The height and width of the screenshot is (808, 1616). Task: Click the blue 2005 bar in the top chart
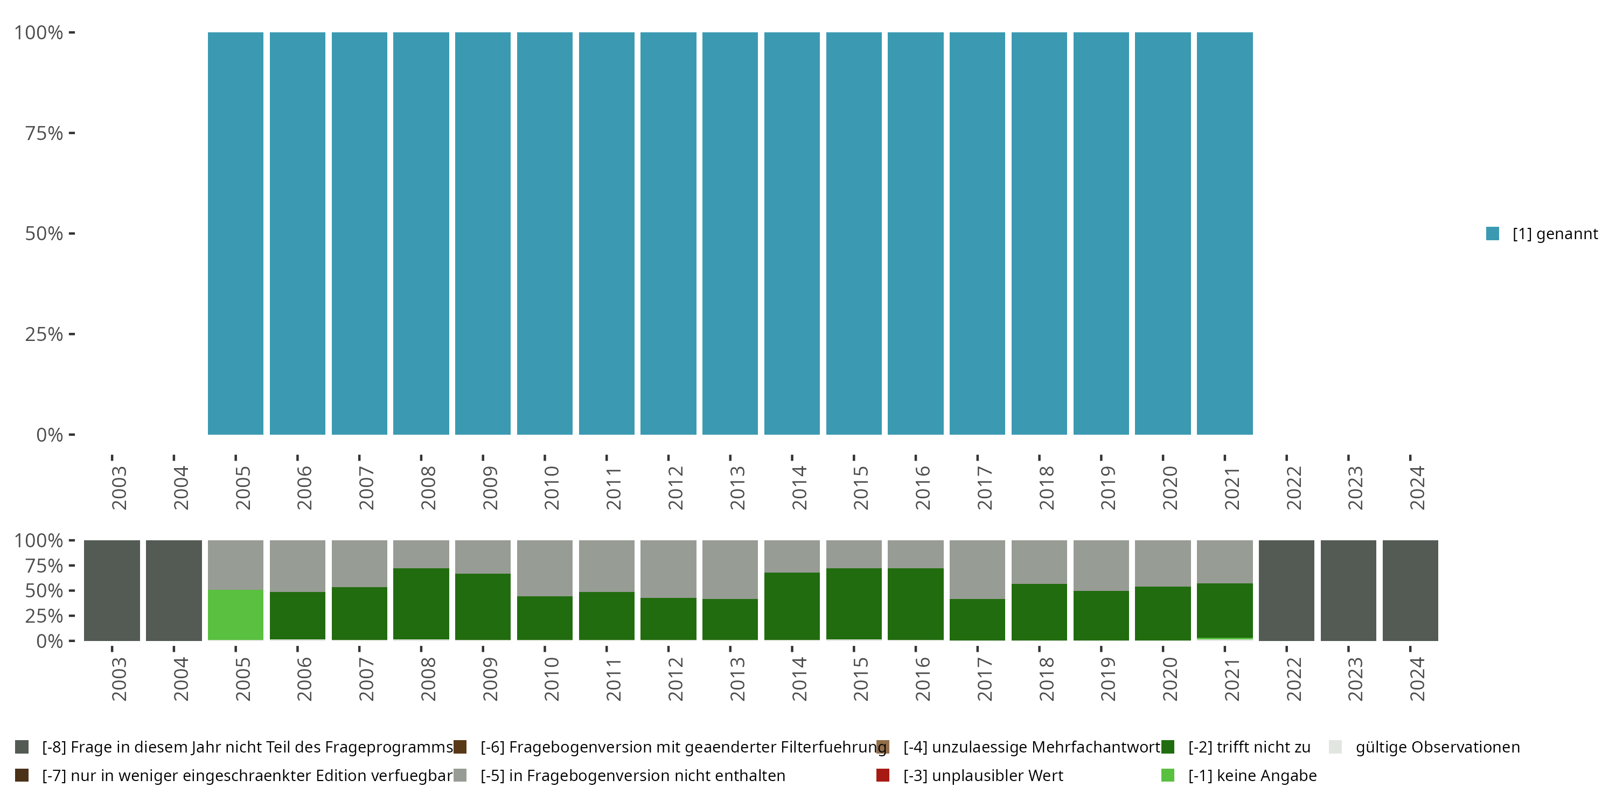coord(235,233)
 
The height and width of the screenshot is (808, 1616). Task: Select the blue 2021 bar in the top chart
coord(1224,233)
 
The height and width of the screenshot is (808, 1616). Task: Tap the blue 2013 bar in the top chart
coord(729,233)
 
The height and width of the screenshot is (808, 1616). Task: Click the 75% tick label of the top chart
coord(44,133)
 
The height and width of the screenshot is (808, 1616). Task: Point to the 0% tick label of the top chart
coord(50,435)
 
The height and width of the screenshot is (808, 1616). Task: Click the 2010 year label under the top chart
coord(552,488)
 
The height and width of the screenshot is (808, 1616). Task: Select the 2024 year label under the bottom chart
coord(1417,679)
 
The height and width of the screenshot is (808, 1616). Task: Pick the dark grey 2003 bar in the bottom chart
coord(112,590)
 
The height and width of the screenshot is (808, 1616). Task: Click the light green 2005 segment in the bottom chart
coord(235,615)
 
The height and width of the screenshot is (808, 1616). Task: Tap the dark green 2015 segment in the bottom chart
coord(853,603)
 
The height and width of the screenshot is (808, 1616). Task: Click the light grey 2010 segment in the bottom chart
coord(545,568)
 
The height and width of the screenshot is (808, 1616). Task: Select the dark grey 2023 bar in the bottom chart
coord(1348,590)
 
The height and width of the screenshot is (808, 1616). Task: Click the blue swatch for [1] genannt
coord(1493,233)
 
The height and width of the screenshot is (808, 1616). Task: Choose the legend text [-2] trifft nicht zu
coord(1249,747)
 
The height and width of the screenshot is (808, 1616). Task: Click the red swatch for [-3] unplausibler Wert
coord(883,775)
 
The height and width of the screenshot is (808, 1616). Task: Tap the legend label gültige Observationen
coord(1437,747)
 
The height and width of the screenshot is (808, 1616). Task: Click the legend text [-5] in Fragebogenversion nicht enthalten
coord(632,775)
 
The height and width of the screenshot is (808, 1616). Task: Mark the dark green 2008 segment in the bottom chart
coord(421,603)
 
